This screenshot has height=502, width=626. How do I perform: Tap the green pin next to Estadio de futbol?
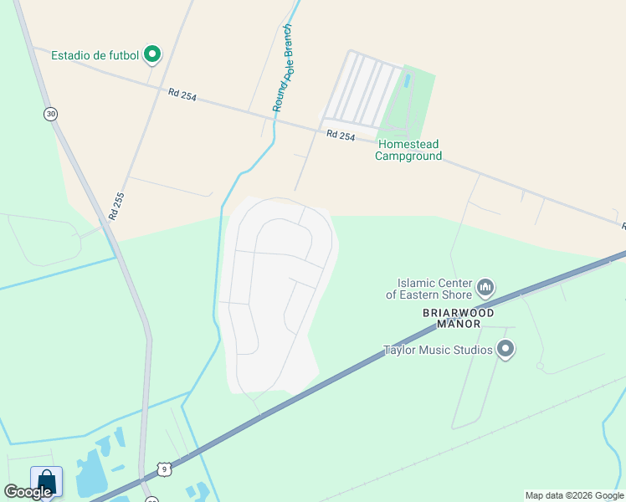152,55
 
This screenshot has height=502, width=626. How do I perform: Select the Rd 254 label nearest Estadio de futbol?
182,95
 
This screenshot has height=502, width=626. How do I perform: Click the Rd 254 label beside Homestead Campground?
341,135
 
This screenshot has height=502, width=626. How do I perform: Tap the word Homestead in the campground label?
408,145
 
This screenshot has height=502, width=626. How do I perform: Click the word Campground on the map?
408,156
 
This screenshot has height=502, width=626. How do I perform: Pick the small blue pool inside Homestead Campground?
408,81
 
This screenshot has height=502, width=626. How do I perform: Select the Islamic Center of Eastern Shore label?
428,289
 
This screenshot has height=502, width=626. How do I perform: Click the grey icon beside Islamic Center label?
485,289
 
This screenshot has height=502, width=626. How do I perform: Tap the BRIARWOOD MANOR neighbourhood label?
451,318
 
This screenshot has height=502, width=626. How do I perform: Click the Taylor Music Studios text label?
438,350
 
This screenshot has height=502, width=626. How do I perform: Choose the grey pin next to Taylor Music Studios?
505,349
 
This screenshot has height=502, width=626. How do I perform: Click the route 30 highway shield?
51,114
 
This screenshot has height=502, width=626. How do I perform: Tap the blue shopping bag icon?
46,482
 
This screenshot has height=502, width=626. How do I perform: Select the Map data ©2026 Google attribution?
574,495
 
